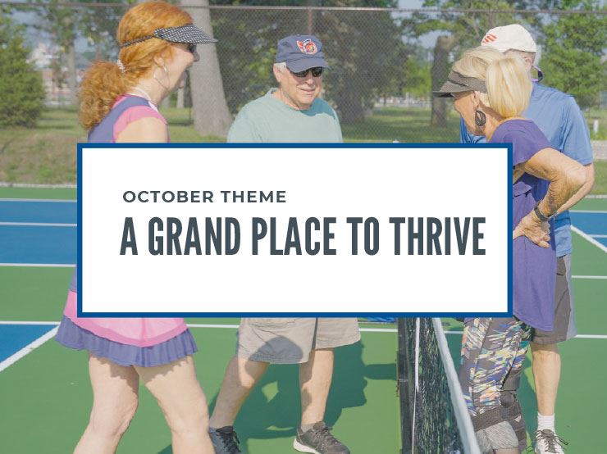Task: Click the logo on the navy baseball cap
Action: (x=307, y=46)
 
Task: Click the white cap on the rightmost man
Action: (x=508, y=38)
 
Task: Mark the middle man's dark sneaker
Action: (x=320, y=438)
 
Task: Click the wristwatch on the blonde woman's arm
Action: (x=541, y=214)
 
